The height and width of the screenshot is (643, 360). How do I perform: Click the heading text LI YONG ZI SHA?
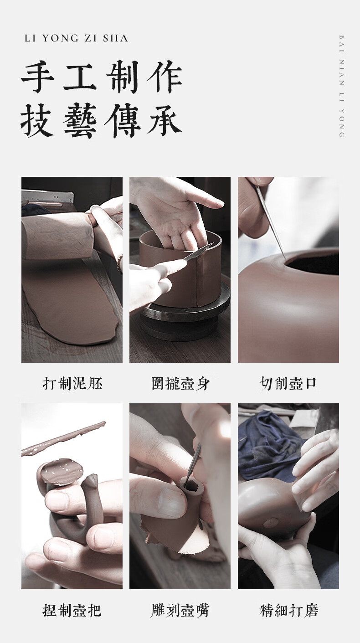point(76,38)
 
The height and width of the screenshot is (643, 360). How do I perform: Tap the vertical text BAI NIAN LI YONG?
point(341,86)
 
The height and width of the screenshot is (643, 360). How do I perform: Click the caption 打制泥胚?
point(72,383)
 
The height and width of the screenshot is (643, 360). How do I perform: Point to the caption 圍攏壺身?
point(180,383)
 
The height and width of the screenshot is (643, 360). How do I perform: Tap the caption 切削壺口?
point(288,383)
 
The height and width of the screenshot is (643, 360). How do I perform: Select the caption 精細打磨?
point(288,610)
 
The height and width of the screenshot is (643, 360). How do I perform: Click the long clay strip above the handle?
point(63,438)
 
